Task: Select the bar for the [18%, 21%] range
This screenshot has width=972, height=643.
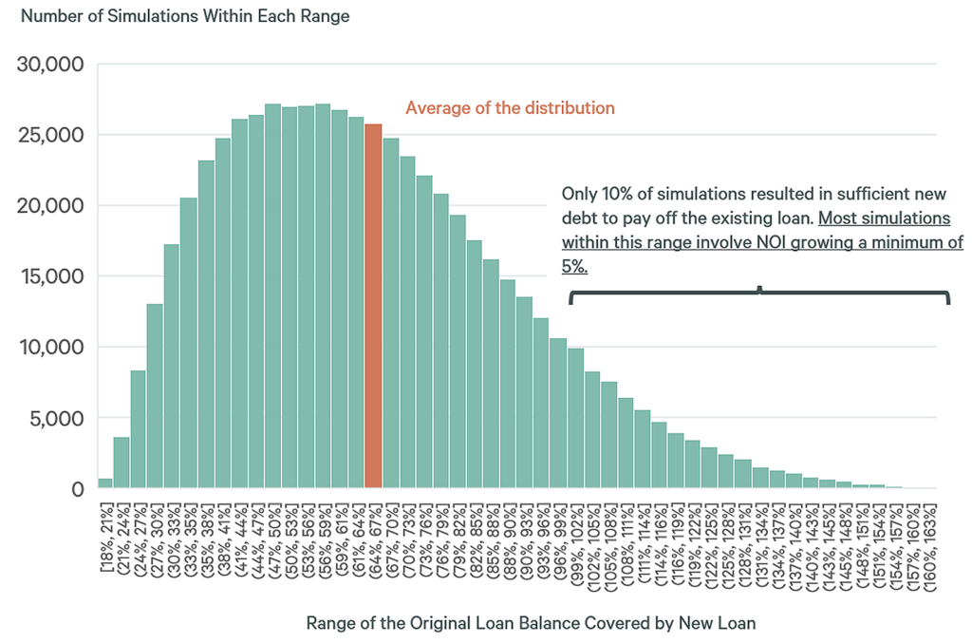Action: [x=104, y=483]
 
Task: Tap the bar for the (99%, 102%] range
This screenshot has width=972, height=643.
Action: [x=575, y=419]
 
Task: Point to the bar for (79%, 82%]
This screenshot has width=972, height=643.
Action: [x=458, y=351]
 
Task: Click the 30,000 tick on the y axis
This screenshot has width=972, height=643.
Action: [x=51, y=65]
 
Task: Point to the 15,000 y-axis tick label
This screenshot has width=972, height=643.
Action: [x=51, y=276]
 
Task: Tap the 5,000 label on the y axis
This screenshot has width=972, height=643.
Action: [x=56, y=418]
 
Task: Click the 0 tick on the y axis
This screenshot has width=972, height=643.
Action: [x=78, y=489]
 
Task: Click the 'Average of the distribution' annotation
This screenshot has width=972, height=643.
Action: [x=510, y=108]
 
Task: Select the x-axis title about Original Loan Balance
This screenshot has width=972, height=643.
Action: [x=531, y=624]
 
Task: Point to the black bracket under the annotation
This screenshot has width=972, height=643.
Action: [x=759, y=294]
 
